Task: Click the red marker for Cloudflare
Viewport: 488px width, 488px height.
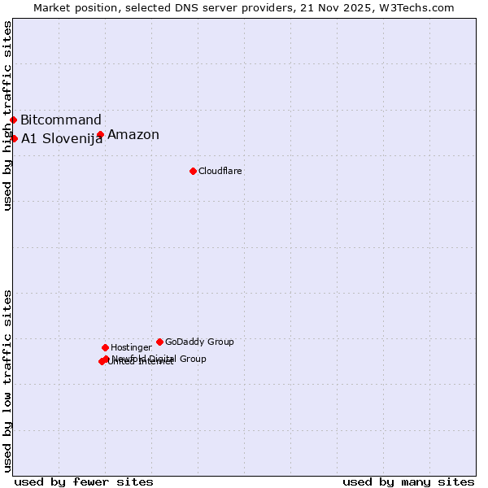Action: pyautogui.click(x=193, y=171)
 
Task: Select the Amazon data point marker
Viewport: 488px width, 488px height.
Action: pyautogui.click(x=100, y=135)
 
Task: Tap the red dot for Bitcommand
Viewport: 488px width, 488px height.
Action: pyautogui.click(x=13, y=120)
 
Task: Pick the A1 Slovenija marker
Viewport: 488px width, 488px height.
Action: pyautogui.click(x=14, y=138)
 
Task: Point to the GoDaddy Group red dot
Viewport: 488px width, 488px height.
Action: pyautogui.click(x=159, y=342)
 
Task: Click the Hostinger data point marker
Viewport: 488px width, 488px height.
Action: pyautogui.click(x=105, y=347)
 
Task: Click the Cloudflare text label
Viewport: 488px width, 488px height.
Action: pyautogui.click(x=220, y=171)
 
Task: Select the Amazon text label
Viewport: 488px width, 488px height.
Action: pyautogui.click(x=133, y=135)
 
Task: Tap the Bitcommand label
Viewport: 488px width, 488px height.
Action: pyautogui.click(x=61, y=120)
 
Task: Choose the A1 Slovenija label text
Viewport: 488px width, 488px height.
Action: pyautogui.click(x=62, y=138)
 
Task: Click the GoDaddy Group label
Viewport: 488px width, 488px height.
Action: pyautogui.click(x=199, y=342)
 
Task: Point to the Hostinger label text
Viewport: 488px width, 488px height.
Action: pyautogui.click(x=131, y=347)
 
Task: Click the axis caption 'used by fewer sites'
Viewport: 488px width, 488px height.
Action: pyautogui.click(x=84, y=481)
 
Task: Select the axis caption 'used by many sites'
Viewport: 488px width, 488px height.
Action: pyautogui.click(x=408, y=481)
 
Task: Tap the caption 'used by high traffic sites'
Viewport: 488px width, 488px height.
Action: pyautogui.click(x=7, y=116)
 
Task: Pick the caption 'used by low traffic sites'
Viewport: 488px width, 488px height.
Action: pyautogui.click(x=7, y=381)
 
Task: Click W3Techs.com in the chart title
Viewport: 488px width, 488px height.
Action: pyautogui.click(x=419, y=7)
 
